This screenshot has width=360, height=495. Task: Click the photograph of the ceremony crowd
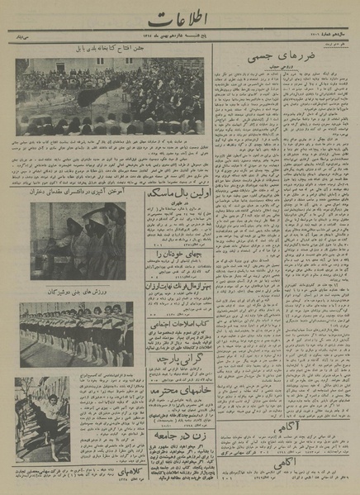(x=110, y=96)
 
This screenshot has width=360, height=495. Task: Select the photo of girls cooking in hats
(x=78, y=239)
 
